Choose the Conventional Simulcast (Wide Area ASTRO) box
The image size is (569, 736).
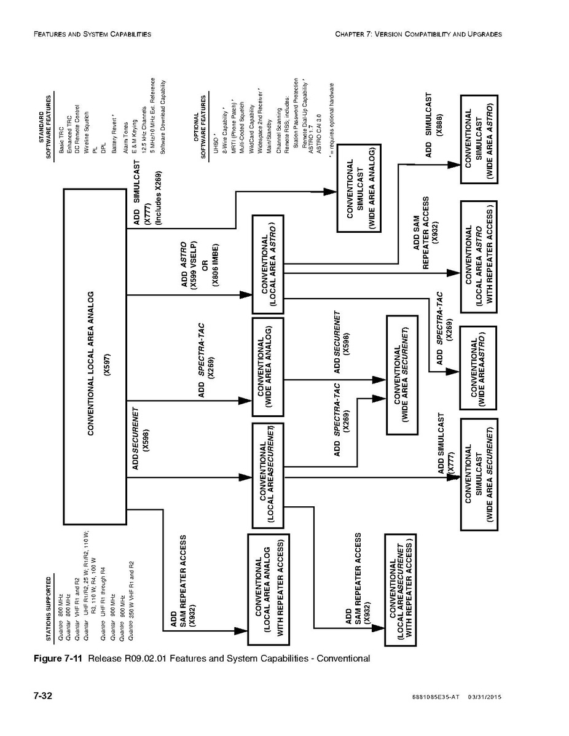coord(479,139)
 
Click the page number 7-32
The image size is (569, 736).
coord(42,696)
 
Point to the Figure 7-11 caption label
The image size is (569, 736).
coord(59,659)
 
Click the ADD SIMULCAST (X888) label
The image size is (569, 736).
coord(434,126)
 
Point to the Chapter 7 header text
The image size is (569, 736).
coord(418,34)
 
